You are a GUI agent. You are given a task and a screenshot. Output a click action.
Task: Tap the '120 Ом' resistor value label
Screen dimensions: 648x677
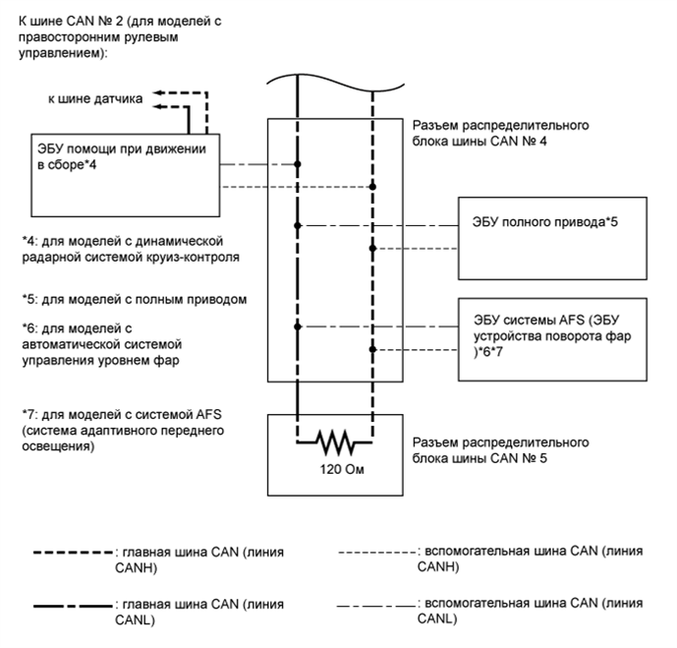click(x=334, y=469)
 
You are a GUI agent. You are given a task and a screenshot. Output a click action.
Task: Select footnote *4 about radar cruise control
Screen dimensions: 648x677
click(x=124, y=250)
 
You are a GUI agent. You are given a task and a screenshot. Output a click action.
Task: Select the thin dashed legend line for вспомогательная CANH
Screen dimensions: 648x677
click(x=374, y=552)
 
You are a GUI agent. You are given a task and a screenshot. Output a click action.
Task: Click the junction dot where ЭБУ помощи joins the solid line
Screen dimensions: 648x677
click(x=297, y=163)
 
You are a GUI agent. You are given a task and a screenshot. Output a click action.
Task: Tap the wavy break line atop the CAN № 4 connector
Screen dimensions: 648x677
click(x=334, y=79)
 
